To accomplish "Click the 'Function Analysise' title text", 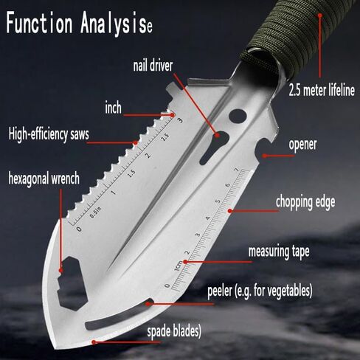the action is click(x=79, y=24).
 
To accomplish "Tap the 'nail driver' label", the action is click(x=153, y=66).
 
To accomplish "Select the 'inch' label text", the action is click(x=113, y=108).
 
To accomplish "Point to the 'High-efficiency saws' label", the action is click(x=49, y=134).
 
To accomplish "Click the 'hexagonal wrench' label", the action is click(x=44, y=178).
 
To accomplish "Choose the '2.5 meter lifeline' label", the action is click(x=322, y=90).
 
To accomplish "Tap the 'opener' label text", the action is click(x=302, y=145).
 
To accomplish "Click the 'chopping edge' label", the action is click(x=305, y=202).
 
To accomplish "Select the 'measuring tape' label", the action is click(x=279, y=252).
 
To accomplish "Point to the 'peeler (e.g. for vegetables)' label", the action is click(x=260, y=291).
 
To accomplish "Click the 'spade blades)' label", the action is click(x=174, y=330).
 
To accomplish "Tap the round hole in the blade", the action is click(x=238, y=116).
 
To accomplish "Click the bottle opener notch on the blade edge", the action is click(x=263, y=150).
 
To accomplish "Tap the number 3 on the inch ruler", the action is click(x=180, y=120).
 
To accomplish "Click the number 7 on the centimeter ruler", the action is click(x=237, y=170).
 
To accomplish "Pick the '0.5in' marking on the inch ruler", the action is click(x=95, y=212).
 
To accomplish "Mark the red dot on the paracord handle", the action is click(x=320, y=15).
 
